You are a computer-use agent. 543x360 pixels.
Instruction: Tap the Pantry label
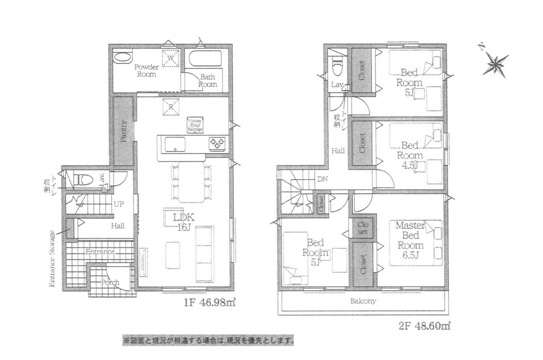click(x=124, y=131)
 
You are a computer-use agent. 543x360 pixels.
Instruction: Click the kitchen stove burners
click(x=216, y=145)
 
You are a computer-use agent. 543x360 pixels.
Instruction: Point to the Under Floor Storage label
click(x=195, y=125)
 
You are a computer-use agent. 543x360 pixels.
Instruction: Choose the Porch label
click(x=110, y=282)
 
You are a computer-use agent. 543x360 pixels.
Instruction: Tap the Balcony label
click(x=363, y=301)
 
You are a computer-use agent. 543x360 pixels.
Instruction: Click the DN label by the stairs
click(x=322, y=179)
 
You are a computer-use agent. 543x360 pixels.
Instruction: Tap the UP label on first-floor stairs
click(x=118, y=204)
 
